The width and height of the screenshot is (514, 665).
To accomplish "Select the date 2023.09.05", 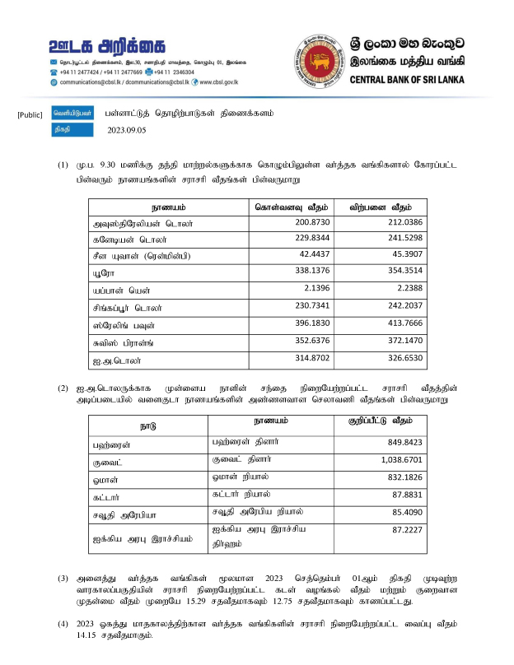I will [x=126, y=129].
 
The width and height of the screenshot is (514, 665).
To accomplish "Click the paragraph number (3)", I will [x=63, y=578].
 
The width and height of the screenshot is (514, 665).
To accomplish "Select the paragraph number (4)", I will [x=63, y=624].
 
